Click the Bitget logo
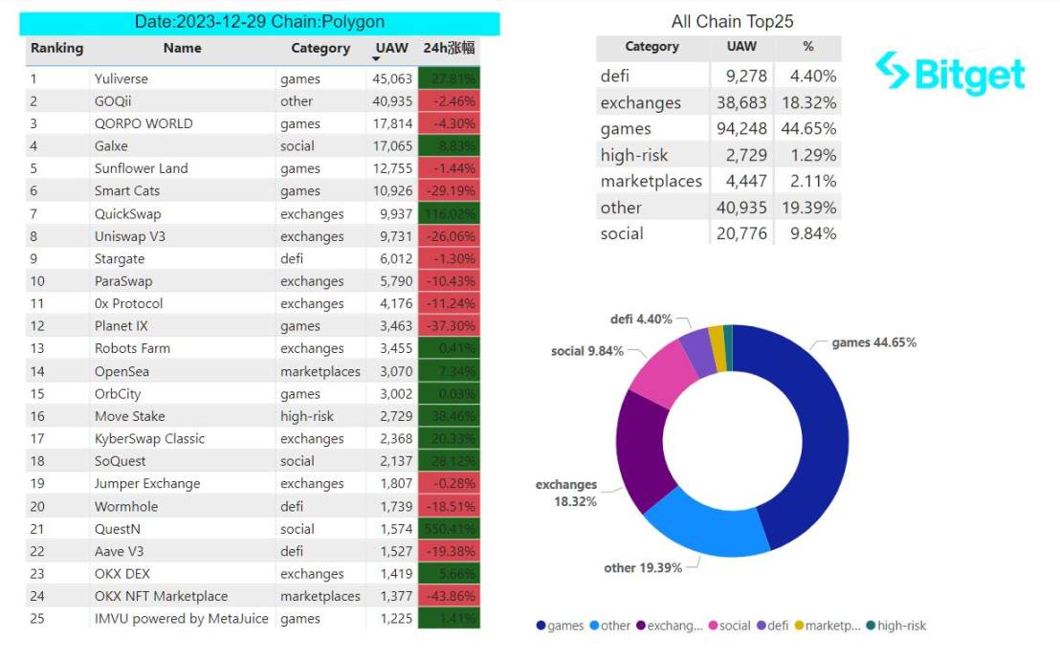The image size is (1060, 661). tap(950, 74)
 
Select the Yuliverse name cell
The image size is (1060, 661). tap(121, 78)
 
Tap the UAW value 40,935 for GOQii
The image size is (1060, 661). tap(392, 100)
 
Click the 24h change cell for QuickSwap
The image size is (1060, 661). tap(449, 213)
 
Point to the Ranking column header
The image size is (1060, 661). tap(56, 48)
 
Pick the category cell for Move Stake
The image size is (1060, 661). tap(307, 416)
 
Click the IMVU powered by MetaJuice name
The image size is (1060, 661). tap(182, 618)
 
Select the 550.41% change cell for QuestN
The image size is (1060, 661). tap(449, 528)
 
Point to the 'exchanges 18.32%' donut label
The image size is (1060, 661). tap(566, 493)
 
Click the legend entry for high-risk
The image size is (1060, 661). tap(895, 626)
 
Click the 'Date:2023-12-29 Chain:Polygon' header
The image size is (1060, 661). tap(259, 22)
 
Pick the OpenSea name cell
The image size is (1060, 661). tap(121, 371)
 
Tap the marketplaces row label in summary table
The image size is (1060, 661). tap(651, 181)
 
